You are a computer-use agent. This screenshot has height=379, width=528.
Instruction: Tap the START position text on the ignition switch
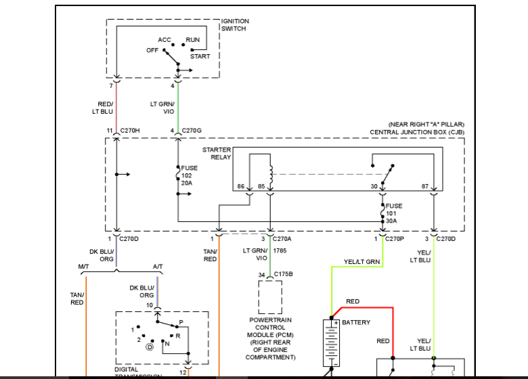(x=200, y=56)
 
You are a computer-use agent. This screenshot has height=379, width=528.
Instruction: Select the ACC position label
(x=164, y=40)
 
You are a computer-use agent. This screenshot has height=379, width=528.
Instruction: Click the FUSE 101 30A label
(x=394, y=213)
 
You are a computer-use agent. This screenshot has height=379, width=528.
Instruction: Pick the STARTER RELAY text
(x=217, y=153)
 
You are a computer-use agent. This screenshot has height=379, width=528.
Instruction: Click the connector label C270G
(x=192, y=131)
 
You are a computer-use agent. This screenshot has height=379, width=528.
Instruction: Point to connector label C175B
(x=284, y=274)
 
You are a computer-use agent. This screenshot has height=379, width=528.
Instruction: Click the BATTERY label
(x=356, y=322)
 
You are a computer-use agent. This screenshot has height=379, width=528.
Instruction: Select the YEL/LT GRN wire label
(x=361, y=262)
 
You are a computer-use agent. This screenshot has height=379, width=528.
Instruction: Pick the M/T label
(x=84, y=266)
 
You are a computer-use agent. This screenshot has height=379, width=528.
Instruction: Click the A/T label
(x=158, y=266)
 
